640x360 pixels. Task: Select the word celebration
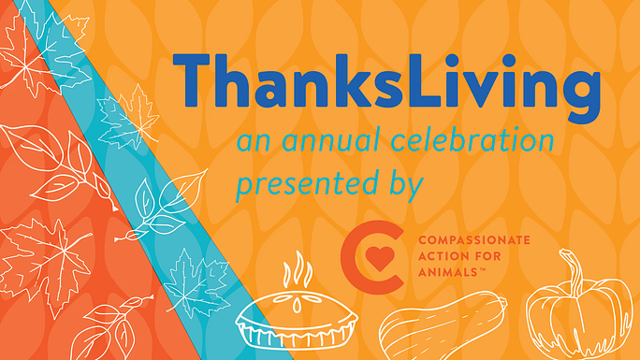pos(477,143)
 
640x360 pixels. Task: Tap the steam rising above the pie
pos(297,272)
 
